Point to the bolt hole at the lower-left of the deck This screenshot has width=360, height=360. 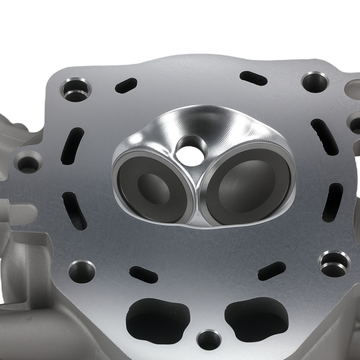coord(82,271)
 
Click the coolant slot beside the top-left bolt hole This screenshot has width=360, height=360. coord(126,85)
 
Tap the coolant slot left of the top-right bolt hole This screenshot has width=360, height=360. coord(253,78)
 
